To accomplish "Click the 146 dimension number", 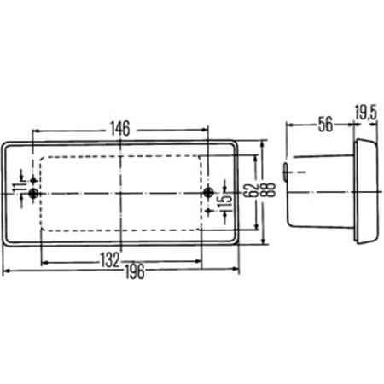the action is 120,129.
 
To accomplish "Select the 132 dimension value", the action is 110,260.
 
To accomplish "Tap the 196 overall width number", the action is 135,271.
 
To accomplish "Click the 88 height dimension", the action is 270,189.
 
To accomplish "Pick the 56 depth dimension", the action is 325,125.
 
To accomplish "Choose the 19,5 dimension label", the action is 366,113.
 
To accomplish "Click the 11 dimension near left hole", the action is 18,189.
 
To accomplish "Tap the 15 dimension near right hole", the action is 227,201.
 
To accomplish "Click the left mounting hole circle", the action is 34,194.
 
